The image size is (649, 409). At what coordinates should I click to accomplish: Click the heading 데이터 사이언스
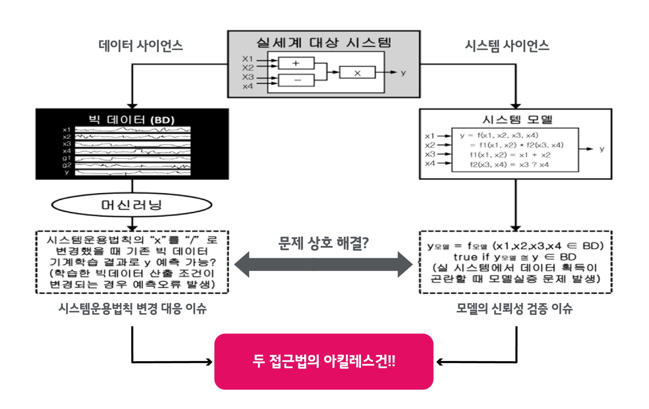(140, 46)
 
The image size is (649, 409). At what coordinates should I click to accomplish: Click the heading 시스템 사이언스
(507, 46)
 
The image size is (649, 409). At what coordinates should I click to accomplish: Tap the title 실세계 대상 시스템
(323, 43)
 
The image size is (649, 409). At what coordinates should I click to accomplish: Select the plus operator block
(296, 63)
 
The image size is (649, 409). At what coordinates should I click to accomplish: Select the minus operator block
(296, 80)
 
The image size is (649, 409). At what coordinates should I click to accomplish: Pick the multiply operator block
(357, 73)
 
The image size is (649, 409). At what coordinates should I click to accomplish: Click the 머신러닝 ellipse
(132, 205)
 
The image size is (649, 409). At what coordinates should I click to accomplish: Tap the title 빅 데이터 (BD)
(132, 120)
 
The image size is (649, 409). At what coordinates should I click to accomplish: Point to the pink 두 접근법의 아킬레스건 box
(323, 361)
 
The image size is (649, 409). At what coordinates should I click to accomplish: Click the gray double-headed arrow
(323, 264)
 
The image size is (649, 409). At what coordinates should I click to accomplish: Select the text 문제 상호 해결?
(323, 242)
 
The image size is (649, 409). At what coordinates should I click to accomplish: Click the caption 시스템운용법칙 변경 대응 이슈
(133, 308)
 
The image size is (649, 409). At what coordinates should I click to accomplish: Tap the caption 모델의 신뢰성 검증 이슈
(514, 308)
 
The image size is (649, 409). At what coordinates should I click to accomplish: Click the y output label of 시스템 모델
(602, 149)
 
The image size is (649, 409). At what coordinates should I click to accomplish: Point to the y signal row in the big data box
(133, 173)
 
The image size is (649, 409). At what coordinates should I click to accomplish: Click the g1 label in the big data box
(67, 158)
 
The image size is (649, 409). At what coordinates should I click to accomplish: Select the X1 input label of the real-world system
(247, 59)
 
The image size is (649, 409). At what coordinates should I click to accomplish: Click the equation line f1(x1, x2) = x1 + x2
(510, 155)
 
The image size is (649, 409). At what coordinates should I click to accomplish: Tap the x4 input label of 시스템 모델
(430, 163)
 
